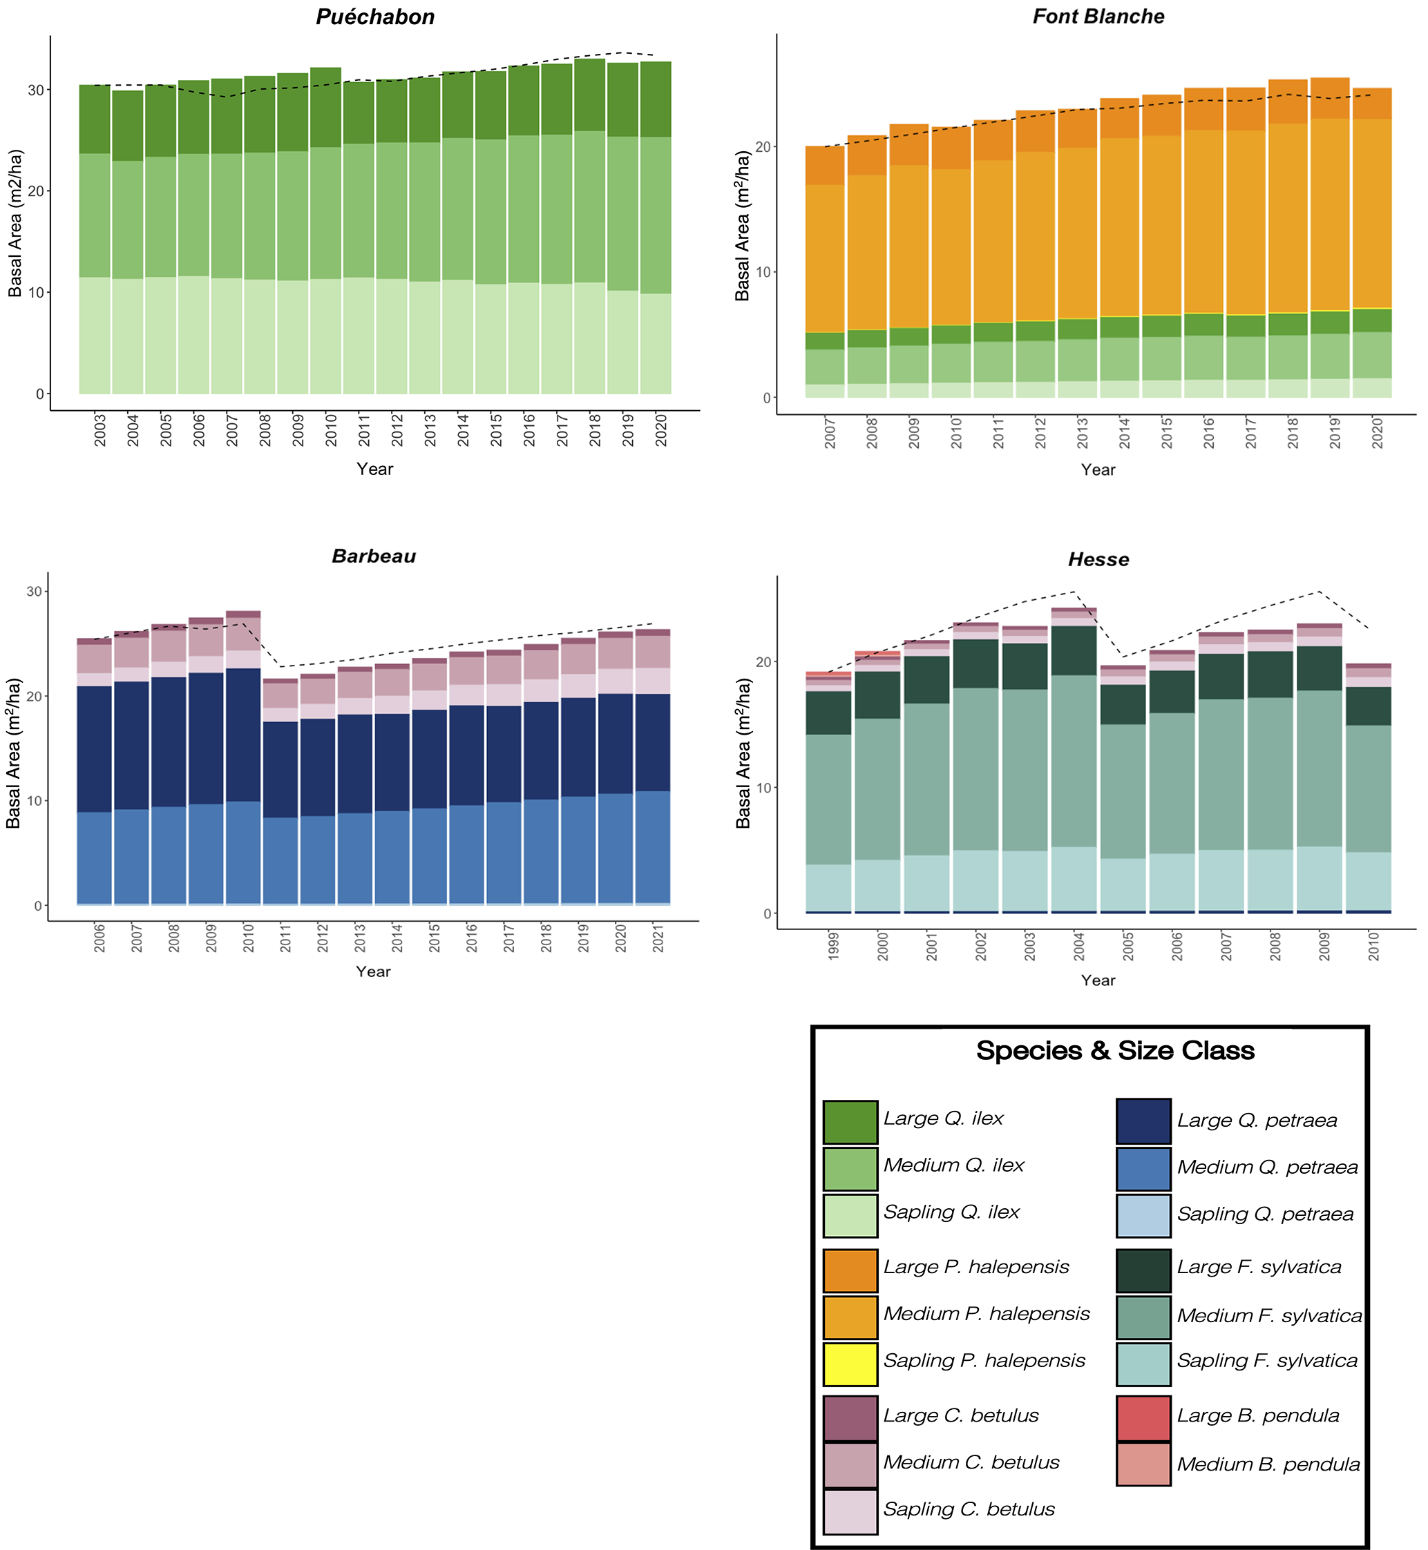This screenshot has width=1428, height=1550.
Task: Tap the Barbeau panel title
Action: coord(374,556)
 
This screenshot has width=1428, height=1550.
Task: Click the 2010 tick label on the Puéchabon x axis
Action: coord(332,430)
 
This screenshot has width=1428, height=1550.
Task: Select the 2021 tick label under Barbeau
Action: coord(658,937)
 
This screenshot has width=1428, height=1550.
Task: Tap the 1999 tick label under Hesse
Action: coord(834,946)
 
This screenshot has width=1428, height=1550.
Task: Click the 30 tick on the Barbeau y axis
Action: coord(34,592)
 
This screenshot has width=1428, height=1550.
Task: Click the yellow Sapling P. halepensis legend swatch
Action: coord(850,1364)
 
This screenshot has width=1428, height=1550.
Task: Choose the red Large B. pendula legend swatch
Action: coord(1143,1418)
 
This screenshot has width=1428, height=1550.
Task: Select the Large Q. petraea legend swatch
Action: coord(1143,1121)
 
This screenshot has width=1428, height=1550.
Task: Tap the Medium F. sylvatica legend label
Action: coord(1269,1316)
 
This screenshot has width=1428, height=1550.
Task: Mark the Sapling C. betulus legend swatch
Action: coord(850,1511)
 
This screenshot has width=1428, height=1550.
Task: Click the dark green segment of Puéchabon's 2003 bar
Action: coord(95,119)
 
